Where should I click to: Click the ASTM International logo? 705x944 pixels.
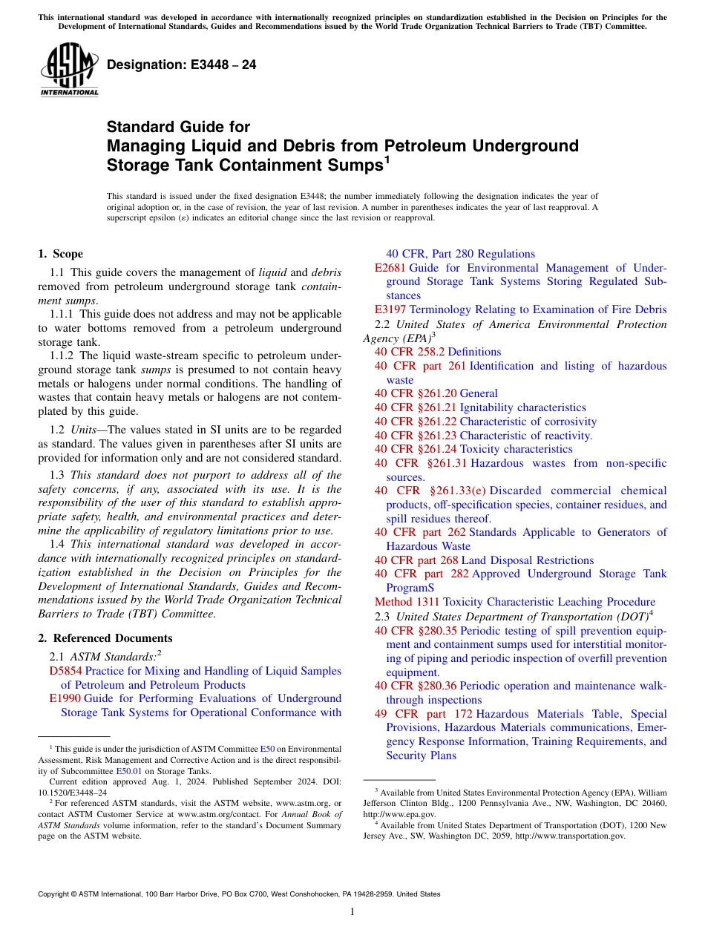tap(69, 71)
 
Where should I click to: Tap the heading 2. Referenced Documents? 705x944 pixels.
tap(105, 638)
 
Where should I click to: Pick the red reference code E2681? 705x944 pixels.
tap(390, 268)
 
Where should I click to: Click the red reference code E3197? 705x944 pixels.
tap(390, 309)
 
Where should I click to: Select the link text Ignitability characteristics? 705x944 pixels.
tap(522, 407)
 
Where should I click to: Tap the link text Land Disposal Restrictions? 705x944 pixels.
tap(527, 560)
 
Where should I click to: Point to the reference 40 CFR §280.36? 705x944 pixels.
tap(415, 686)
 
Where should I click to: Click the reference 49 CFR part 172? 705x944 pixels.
tap(423, 714)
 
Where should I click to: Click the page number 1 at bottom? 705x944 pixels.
tap(352, 912)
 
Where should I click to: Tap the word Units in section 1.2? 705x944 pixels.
tap(84, 430)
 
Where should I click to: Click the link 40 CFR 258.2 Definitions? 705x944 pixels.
tap(438, 352)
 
